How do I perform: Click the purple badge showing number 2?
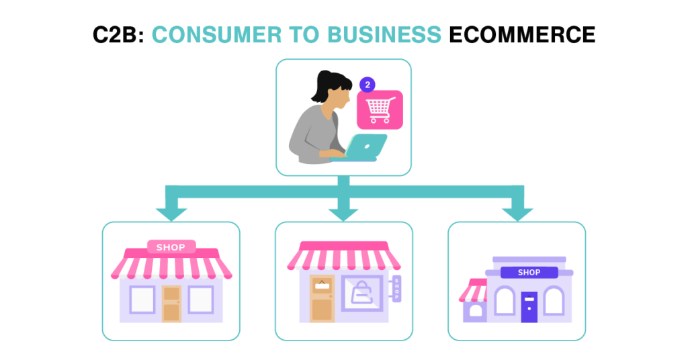pyautogui.click(x=368, y=85)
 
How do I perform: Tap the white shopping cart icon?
pyautogui.click(x=380, y=109)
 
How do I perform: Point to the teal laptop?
pyautogui.click(x=363, y=147)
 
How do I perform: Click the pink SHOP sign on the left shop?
pyautogui.click(x=171, y=247)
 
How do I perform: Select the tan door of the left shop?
pyautogui.click(x=171, y=308)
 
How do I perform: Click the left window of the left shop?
pyautogui.click(x=142, y=300)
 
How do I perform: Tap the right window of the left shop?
pyautogui.click(x=200, y=300)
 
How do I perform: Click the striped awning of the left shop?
pyautogui.click(x=171, y=267)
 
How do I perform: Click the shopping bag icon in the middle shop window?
pyautogui.click(x=361, y=293)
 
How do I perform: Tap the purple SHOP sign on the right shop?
pyautogui.click(x=529, y=272)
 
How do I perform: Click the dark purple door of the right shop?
pyautogui.click(x=529, y=312)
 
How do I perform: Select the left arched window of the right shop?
pyautogui.click(x=504, y=301)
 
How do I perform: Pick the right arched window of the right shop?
pyautogui.click(x=554, y=301)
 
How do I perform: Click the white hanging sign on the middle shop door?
pyautogui.click(x=322, y=285)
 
